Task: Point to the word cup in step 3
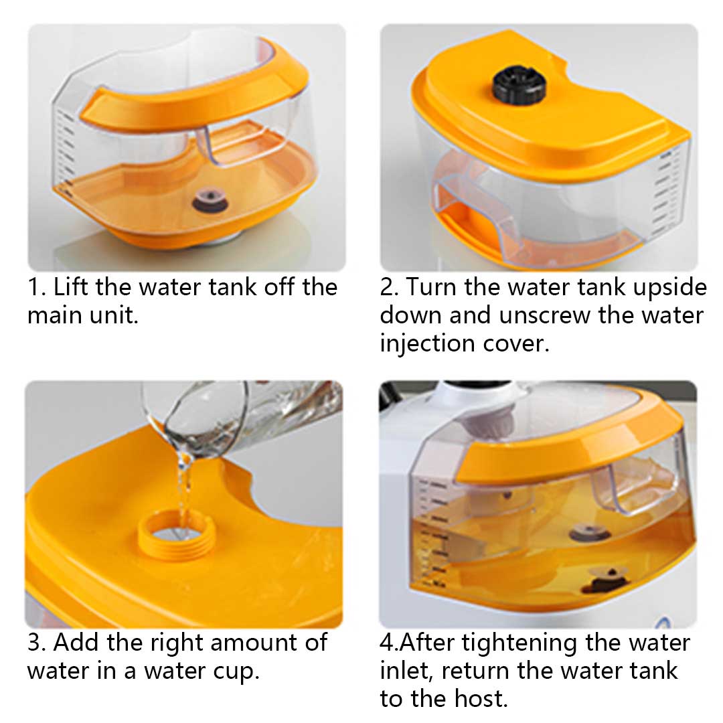pyautogui.click(x=232, y=671)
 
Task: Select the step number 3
pyautogui.click(x=35, y=642)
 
